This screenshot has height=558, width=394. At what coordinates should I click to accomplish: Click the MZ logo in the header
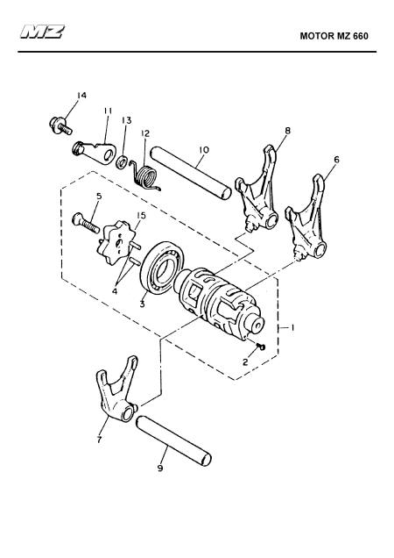pos(42,32)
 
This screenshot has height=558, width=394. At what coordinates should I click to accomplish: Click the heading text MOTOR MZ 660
pos(334,36)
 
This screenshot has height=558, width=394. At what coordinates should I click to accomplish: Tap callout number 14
pos(81,96)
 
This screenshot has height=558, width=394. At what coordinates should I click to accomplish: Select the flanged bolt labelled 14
pos(60,126)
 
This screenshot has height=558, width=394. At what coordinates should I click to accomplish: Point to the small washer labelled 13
pos(123,162)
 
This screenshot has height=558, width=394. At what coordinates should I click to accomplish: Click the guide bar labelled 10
pos(191,173)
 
